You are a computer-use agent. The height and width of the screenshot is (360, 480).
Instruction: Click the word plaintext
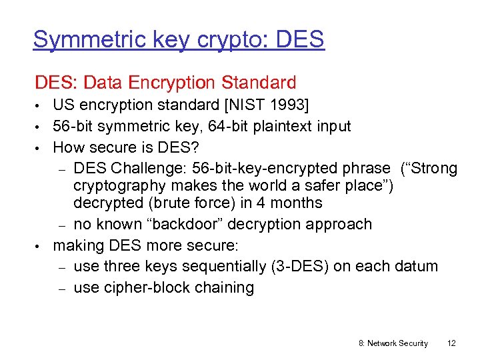pos(275,126)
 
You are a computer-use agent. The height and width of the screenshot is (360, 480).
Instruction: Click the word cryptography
pos(126,185)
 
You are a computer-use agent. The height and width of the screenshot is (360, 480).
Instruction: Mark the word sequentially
pos(223,267)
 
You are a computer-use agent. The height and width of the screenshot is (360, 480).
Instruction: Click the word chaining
pos(225,288)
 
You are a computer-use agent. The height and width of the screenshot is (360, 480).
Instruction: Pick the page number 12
pos(451,343)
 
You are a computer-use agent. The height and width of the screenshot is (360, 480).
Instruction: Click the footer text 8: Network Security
pos(393,343)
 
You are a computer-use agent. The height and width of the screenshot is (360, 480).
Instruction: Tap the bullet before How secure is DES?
pos(40,147)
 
